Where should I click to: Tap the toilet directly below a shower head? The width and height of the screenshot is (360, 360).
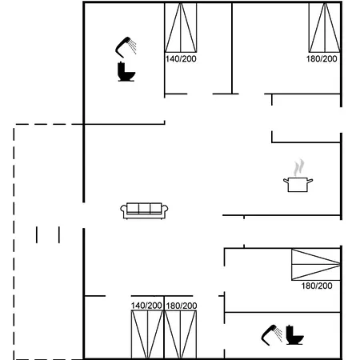(126, 71)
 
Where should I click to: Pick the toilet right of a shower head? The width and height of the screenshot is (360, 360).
(294, 335)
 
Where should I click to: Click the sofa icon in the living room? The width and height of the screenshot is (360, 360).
(144, 210)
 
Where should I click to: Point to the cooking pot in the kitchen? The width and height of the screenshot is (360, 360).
(298, 185)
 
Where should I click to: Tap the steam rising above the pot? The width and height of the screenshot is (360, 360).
(299, 167)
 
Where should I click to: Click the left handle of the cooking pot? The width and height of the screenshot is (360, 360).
(286, 181)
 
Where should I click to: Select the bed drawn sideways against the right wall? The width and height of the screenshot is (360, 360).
(316, 265)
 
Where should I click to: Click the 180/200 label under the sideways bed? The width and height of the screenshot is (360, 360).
(317, 286)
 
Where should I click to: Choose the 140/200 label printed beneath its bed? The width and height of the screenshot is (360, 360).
(181, 58)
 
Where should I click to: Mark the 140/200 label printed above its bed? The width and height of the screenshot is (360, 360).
(146, 306)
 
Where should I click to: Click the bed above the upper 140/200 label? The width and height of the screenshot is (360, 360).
(181, 27)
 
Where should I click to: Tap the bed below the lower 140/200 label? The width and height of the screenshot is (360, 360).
(147, 334)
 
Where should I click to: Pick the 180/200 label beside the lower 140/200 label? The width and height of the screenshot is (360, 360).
(182, 306)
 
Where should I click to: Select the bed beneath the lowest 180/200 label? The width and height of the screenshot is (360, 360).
(181, 334)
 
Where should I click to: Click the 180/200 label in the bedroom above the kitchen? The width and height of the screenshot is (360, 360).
(322, 58)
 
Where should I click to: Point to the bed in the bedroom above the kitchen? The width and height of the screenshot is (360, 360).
(325, 27)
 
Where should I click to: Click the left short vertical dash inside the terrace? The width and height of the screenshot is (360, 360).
(37, 235)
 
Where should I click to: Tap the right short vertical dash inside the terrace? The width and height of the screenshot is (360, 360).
(59, 235)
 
